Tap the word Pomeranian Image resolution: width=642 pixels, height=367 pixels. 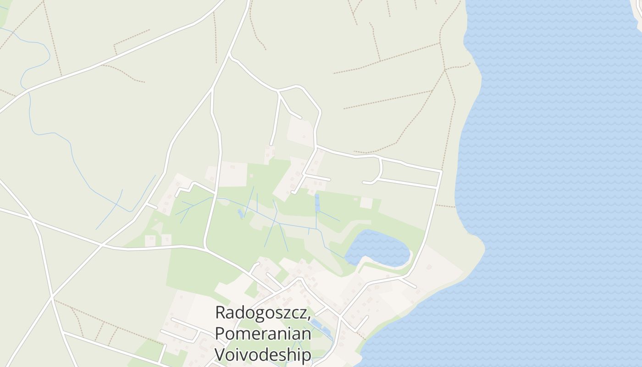263,334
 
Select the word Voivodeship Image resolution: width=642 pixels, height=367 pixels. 263,354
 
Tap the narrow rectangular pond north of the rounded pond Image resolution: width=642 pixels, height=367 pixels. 317,203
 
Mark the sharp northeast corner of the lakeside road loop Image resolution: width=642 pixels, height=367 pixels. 441,172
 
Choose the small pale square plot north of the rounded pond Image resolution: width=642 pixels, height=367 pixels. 366,203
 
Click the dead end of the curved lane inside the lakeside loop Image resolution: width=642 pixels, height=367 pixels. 364,183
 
